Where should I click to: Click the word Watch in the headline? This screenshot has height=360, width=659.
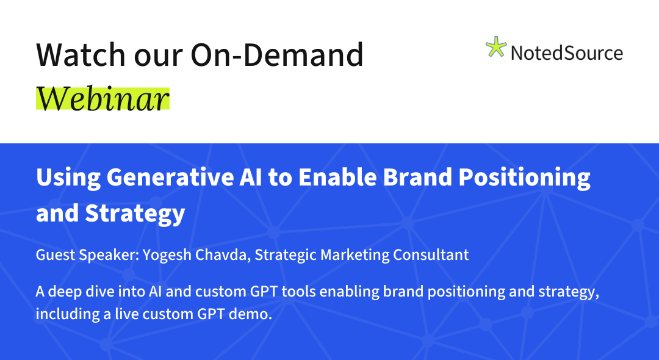(81, 54)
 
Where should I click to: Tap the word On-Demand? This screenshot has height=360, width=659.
(277, 54)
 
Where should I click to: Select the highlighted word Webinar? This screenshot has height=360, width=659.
(103, 99)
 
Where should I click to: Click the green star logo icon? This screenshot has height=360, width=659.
(496, 46)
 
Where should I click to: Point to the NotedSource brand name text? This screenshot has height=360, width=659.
(566, 53)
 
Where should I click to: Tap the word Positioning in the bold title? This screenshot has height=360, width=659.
(525, 178)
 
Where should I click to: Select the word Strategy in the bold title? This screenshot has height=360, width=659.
(135, 214)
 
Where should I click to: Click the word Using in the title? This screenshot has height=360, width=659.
(68, 178)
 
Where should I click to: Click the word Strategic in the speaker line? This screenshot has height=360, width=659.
(286, 255)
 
